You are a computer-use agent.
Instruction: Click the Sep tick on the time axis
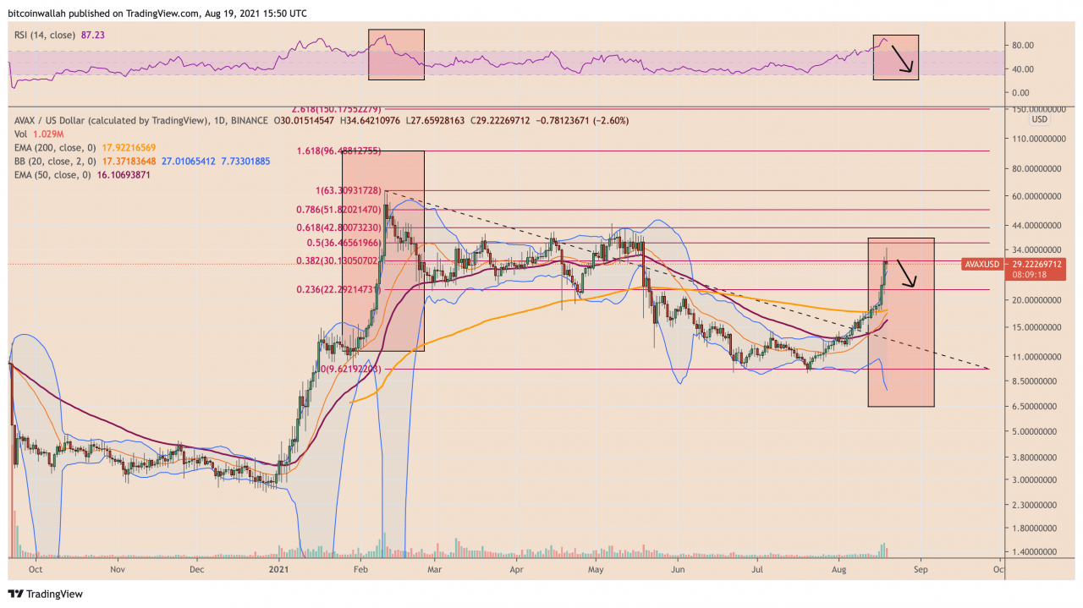[921, 570]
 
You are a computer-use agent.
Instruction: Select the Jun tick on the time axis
[677, 570]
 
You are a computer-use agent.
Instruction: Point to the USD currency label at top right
[1039, 119]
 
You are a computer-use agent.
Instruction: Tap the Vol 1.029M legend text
[33, 134]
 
